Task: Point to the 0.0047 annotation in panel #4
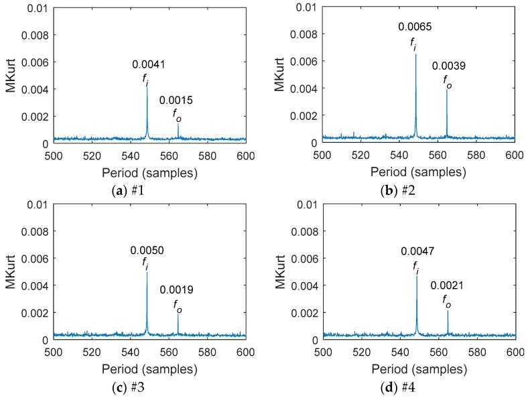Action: (417, 251)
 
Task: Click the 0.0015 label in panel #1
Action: (176, 101)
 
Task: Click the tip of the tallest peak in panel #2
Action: (415, 54)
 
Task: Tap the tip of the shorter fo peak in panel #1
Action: (178, 123)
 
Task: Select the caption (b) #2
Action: (418, 190)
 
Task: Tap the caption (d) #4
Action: (418, 387)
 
